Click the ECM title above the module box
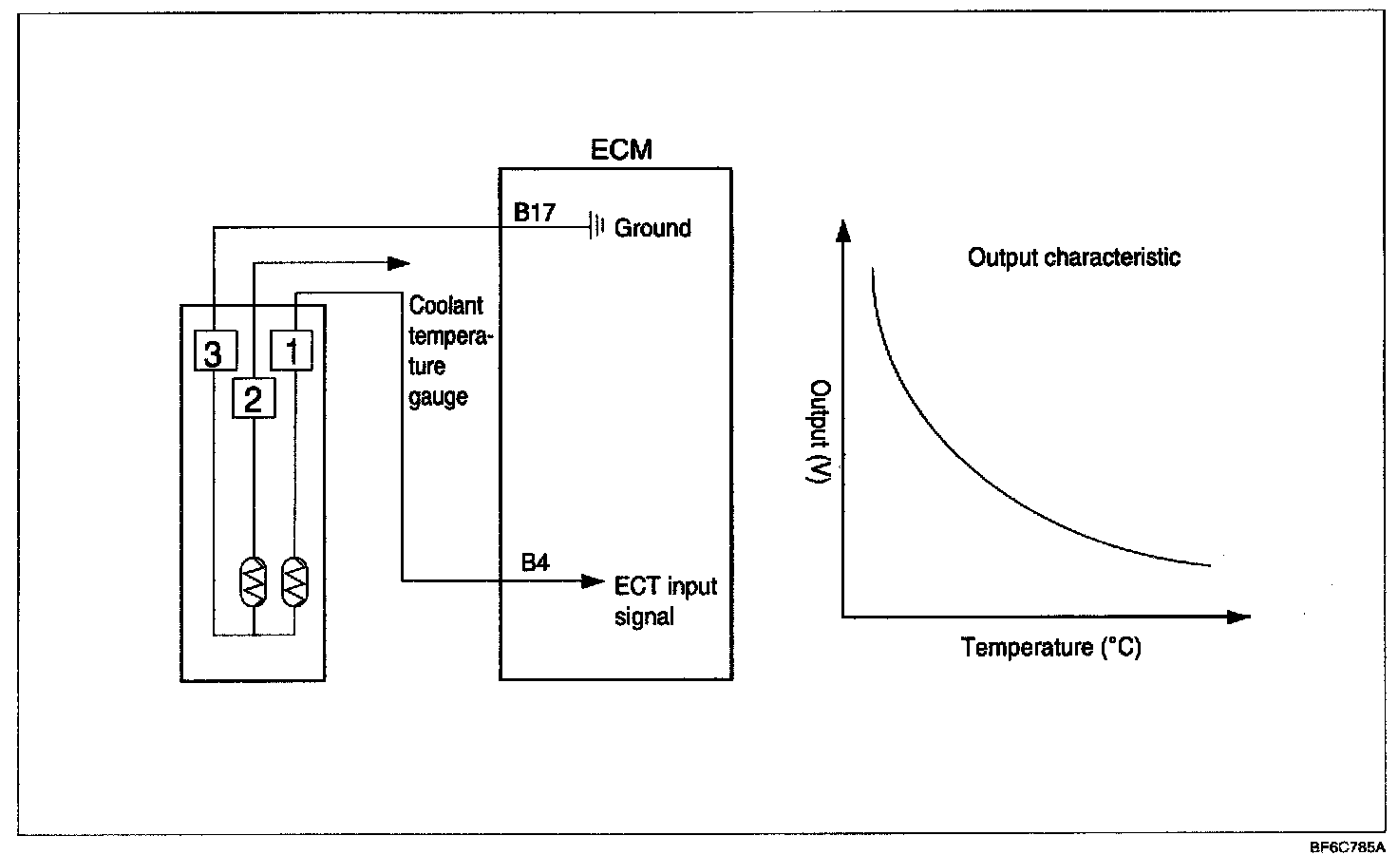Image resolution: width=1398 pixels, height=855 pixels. click(x=622, y=150)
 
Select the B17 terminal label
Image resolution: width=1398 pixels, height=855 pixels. click(x=535, y=212)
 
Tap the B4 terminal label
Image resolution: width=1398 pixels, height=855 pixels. click(x=535, y=562)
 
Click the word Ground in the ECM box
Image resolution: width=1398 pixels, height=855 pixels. click(x=652, y=228)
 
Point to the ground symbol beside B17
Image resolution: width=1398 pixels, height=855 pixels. click(x=596, y=227)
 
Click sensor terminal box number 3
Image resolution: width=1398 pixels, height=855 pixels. click(x=214, y=353)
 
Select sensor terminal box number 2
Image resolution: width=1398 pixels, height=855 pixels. click(x=254, y=399)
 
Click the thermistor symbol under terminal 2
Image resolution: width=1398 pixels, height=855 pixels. click(x=254, y=581)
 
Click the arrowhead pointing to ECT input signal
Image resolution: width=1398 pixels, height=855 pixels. click(x=593, y=580)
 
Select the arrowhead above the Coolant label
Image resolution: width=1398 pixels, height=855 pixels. click(x=400, y=262)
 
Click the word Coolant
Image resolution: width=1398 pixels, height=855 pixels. click(x=445, y=306)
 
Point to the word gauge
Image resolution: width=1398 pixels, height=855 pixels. click(x=438, y=396)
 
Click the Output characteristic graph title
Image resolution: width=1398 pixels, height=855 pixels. click(x=1074, y=257)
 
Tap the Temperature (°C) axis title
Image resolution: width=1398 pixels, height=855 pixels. click(x=1050, y=648)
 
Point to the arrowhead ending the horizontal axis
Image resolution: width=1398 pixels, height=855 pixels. click(x=1238, y=617)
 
